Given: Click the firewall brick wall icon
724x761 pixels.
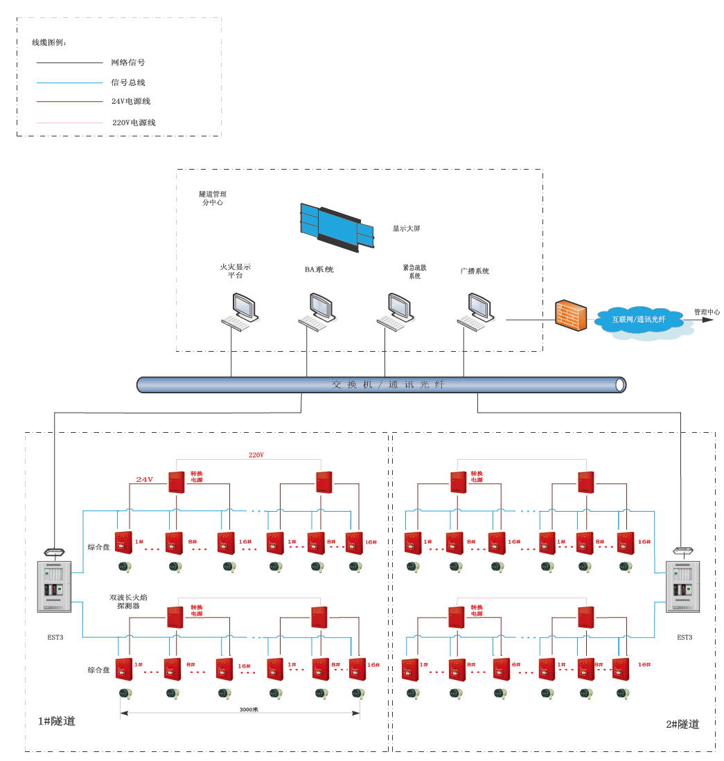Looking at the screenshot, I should click(x=572, y=316).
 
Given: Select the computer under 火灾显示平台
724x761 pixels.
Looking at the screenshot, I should click(x=240, y=312).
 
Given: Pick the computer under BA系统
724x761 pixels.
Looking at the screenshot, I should click(x=317, y=312).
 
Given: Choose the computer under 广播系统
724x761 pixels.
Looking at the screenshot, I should click(x=476, y=312).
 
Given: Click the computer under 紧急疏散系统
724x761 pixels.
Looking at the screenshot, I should click(x=396, y=312).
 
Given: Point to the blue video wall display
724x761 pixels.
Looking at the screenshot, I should click(x=337, y=224).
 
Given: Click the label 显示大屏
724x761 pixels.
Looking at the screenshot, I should click(x=406, y=229).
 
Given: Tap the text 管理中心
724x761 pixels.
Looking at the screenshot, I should click(x=707, y=312).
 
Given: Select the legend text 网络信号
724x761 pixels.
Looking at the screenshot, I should click(x=127, y=62).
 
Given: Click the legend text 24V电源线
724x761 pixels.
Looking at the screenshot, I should click(x=131, y=101).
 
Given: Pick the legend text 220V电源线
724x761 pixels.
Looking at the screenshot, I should click(x=134, y=123).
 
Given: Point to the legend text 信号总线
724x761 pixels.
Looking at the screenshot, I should click(x=127, y=82).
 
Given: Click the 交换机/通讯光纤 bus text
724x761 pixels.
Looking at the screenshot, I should click(x=388, y=384).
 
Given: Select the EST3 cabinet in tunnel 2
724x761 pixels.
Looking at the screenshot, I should click(x=683, y=587).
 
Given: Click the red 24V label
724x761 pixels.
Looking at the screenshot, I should click(x=144, y=479).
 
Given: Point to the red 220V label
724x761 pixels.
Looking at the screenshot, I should click(x=256, y=456).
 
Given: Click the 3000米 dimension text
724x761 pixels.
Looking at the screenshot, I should click(x=249, y=710).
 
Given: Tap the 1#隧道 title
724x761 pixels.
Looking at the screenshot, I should click(x=56, y=722).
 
